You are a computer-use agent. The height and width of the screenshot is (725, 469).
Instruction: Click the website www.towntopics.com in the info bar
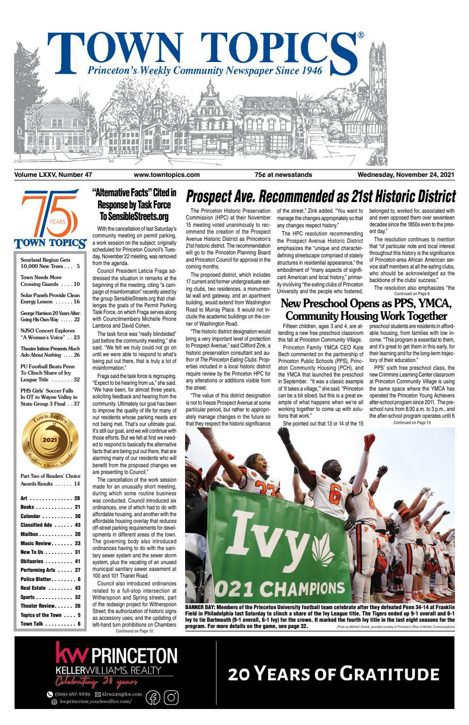click(x=167, y=175)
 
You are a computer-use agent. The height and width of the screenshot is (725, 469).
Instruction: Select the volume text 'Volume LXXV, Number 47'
click(x=53, y=175)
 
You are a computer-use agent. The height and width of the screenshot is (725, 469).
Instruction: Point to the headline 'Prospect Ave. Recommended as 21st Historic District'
click(x=321, y=197)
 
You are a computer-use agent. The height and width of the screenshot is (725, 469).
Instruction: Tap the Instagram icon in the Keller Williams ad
click(x=171, y=698)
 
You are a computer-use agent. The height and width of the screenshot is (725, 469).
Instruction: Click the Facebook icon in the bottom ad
click(x=153, y=698)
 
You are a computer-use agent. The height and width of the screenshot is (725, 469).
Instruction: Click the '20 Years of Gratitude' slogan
click(x=334, y=674)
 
